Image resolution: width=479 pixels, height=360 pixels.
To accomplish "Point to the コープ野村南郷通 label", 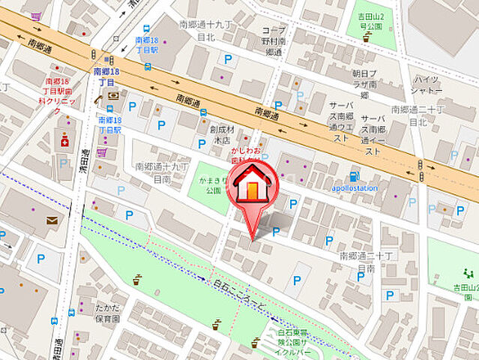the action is click(274, 41).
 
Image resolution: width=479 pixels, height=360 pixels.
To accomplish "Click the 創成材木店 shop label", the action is click(223, 134).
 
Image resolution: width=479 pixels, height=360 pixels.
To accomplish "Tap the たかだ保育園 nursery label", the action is click(106, 313).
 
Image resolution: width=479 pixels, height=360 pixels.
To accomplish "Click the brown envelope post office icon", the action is click(52, 220).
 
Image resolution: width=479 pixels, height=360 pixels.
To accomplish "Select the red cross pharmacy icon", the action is click(64, 140).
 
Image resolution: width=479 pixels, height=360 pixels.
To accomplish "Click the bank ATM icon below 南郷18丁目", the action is click(112, 95).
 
